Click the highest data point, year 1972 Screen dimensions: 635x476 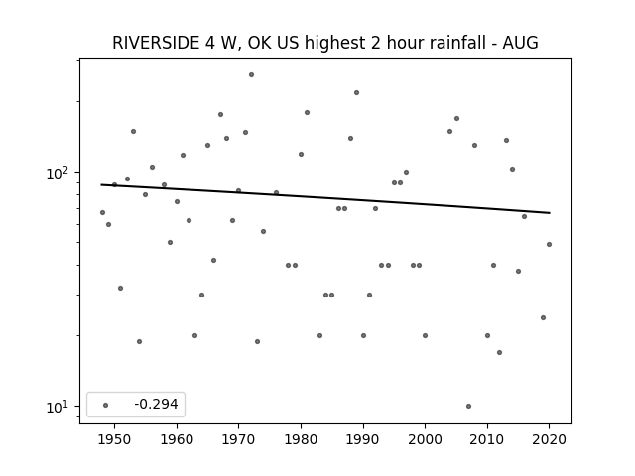click(x=251, y=75)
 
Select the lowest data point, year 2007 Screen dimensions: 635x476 click(x=468, y=406)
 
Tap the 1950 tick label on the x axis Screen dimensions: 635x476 click(x=115, y=440)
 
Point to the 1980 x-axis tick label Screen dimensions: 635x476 click(x=301, y=440)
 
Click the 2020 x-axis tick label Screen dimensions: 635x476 click(x=549, y=440)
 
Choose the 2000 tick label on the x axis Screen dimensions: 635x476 click(x=425, y=440)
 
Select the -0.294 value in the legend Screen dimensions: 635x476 click(x=156, y=404)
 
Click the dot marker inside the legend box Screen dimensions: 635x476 click(x=106, y=405)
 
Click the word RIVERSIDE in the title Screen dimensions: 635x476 click(x=156, y=43)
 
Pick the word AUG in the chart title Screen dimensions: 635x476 click(x=520, y=43)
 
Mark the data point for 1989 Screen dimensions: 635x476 click(x=357, y=92)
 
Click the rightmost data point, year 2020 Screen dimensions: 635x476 click(x=549, y=245)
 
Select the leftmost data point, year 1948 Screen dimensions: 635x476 click(x=102, y=213)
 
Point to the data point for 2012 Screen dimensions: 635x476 click(x=499, y=353)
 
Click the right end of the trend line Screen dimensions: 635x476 click(x=550, y=213)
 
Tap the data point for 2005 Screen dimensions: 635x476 click(x=456, y=119)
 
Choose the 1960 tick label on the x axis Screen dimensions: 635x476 click(x=177, y=440)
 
